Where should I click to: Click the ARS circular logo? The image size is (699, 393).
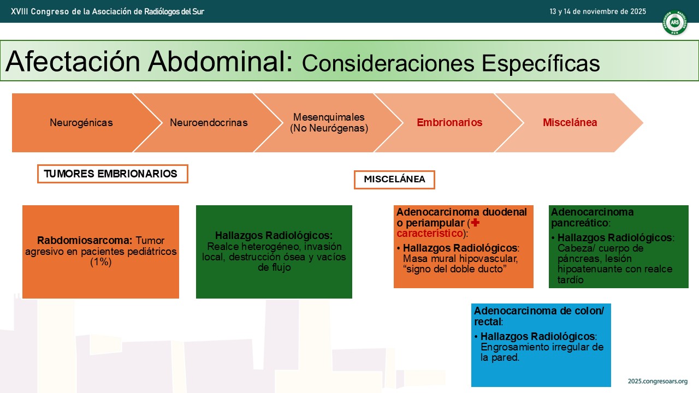[674, 22]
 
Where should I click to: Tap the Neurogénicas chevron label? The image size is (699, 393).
[81, 123]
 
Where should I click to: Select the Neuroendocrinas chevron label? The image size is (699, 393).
[209, 123]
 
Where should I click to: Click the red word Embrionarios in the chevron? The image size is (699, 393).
[449, 123]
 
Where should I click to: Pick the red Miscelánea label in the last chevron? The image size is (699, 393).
[570, 123]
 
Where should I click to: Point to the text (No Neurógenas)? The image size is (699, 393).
[329, 128]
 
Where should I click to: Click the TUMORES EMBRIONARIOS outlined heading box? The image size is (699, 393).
[112, 174]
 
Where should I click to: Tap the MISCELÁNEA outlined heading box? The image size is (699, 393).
[394, 180]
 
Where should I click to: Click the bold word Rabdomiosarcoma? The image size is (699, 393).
[85, 241]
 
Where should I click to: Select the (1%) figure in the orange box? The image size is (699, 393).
[101, 261]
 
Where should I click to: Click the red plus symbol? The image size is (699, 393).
[475, 223]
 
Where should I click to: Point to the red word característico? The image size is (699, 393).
[429, 233]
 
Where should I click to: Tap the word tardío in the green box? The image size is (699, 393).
[571, 280]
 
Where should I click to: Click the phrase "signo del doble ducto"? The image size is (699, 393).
[455, 269]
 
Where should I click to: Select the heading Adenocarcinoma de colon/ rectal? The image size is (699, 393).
[539, 316]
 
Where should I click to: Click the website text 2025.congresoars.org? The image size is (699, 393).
[657, 381]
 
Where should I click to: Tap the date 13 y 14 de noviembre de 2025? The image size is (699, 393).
[597, 11]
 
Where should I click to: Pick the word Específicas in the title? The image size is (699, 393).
[541, 63]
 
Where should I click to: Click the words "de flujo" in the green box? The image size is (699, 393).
[274, 267]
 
